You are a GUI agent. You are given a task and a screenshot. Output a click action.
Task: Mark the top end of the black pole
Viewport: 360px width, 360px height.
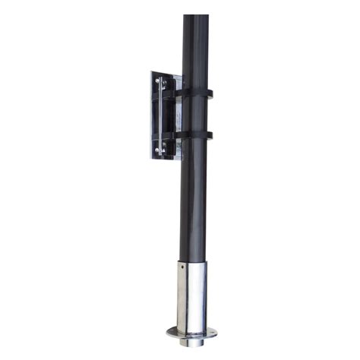tap(196, 17)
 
